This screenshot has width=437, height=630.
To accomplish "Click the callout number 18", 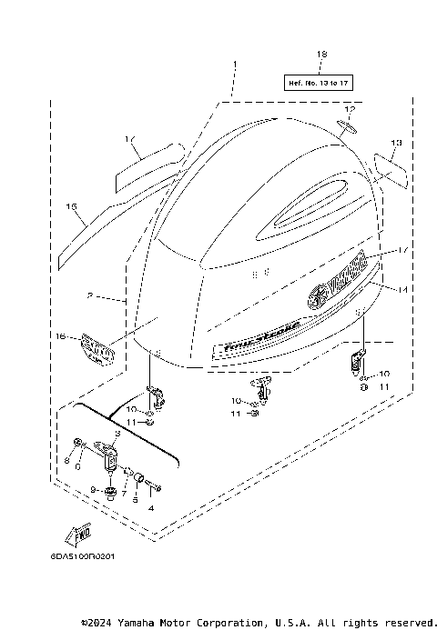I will (320, 55).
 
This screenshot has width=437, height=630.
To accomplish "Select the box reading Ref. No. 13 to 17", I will (320, 82).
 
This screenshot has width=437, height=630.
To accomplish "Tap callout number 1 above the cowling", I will (233, 65).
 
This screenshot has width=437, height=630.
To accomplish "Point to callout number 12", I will (349, 110).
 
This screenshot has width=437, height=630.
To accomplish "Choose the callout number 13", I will (396, 143).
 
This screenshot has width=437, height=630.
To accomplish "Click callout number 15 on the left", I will (70, 206).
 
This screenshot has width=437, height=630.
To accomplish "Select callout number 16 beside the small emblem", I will (62, 336).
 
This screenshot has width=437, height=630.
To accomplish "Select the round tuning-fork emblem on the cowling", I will (318, 296).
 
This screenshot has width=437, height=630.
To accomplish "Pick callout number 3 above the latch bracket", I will (117, 435).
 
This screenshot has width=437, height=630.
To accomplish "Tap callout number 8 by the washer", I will (66, 461).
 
